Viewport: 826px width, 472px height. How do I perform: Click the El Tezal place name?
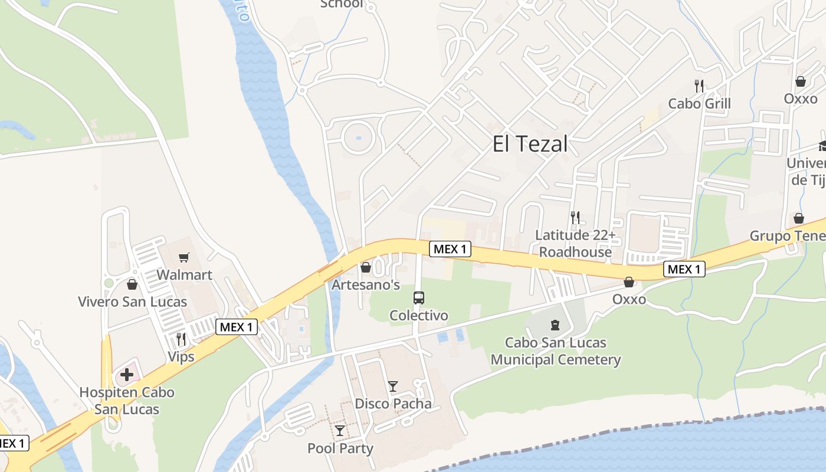[x=530, y=143]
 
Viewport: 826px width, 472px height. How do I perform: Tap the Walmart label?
[x=184, y=275]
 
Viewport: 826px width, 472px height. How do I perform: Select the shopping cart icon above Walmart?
[x=184, y=257]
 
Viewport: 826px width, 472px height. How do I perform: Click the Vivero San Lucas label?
[x=132, y=301]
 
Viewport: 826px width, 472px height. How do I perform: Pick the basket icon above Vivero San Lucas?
[x=132, y=284]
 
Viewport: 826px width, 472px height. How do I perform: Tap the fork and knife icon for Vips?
[x=181, y=339]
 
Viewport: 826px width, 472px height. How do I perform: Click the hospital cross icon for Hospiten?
[x=127, y=374]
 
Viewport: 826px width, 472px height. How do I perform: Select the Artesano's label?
[x=365, y=285]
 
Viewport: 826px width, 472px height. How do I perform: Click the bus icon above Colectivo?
[x=418, y=298]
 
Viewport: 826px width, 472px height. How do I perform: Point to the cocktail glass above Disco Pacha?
[x=393, y=386]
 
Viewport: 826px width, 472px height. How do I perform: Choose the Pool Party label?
[x=340, y=448]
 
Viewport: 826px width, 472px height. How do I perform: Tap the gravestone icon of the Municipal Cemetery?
[x=555, y=324]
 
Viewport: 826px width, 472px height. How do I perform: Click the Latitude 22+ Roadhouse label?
[x=575, y=244]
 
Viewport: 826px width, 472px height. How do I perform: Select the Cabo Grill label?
[x=699, y=104]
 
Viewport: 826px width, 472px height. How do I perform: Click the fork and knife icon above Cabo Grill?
[x=699, y=86]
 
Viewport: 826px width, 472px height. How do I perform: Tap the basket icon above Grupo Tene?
[x=799, y=218]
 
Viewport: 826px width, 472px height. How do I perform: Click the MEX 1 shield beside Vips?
[x=237, y=327]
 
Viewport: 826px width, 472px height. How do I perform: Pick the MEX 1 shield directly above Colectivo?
[x=450, y=249]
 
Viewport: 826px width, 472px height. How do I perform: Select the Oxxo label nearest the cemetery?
[x=629, y=299]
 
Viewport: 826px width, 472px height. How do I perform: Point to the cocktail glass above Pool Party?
[x=340, y=431]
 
